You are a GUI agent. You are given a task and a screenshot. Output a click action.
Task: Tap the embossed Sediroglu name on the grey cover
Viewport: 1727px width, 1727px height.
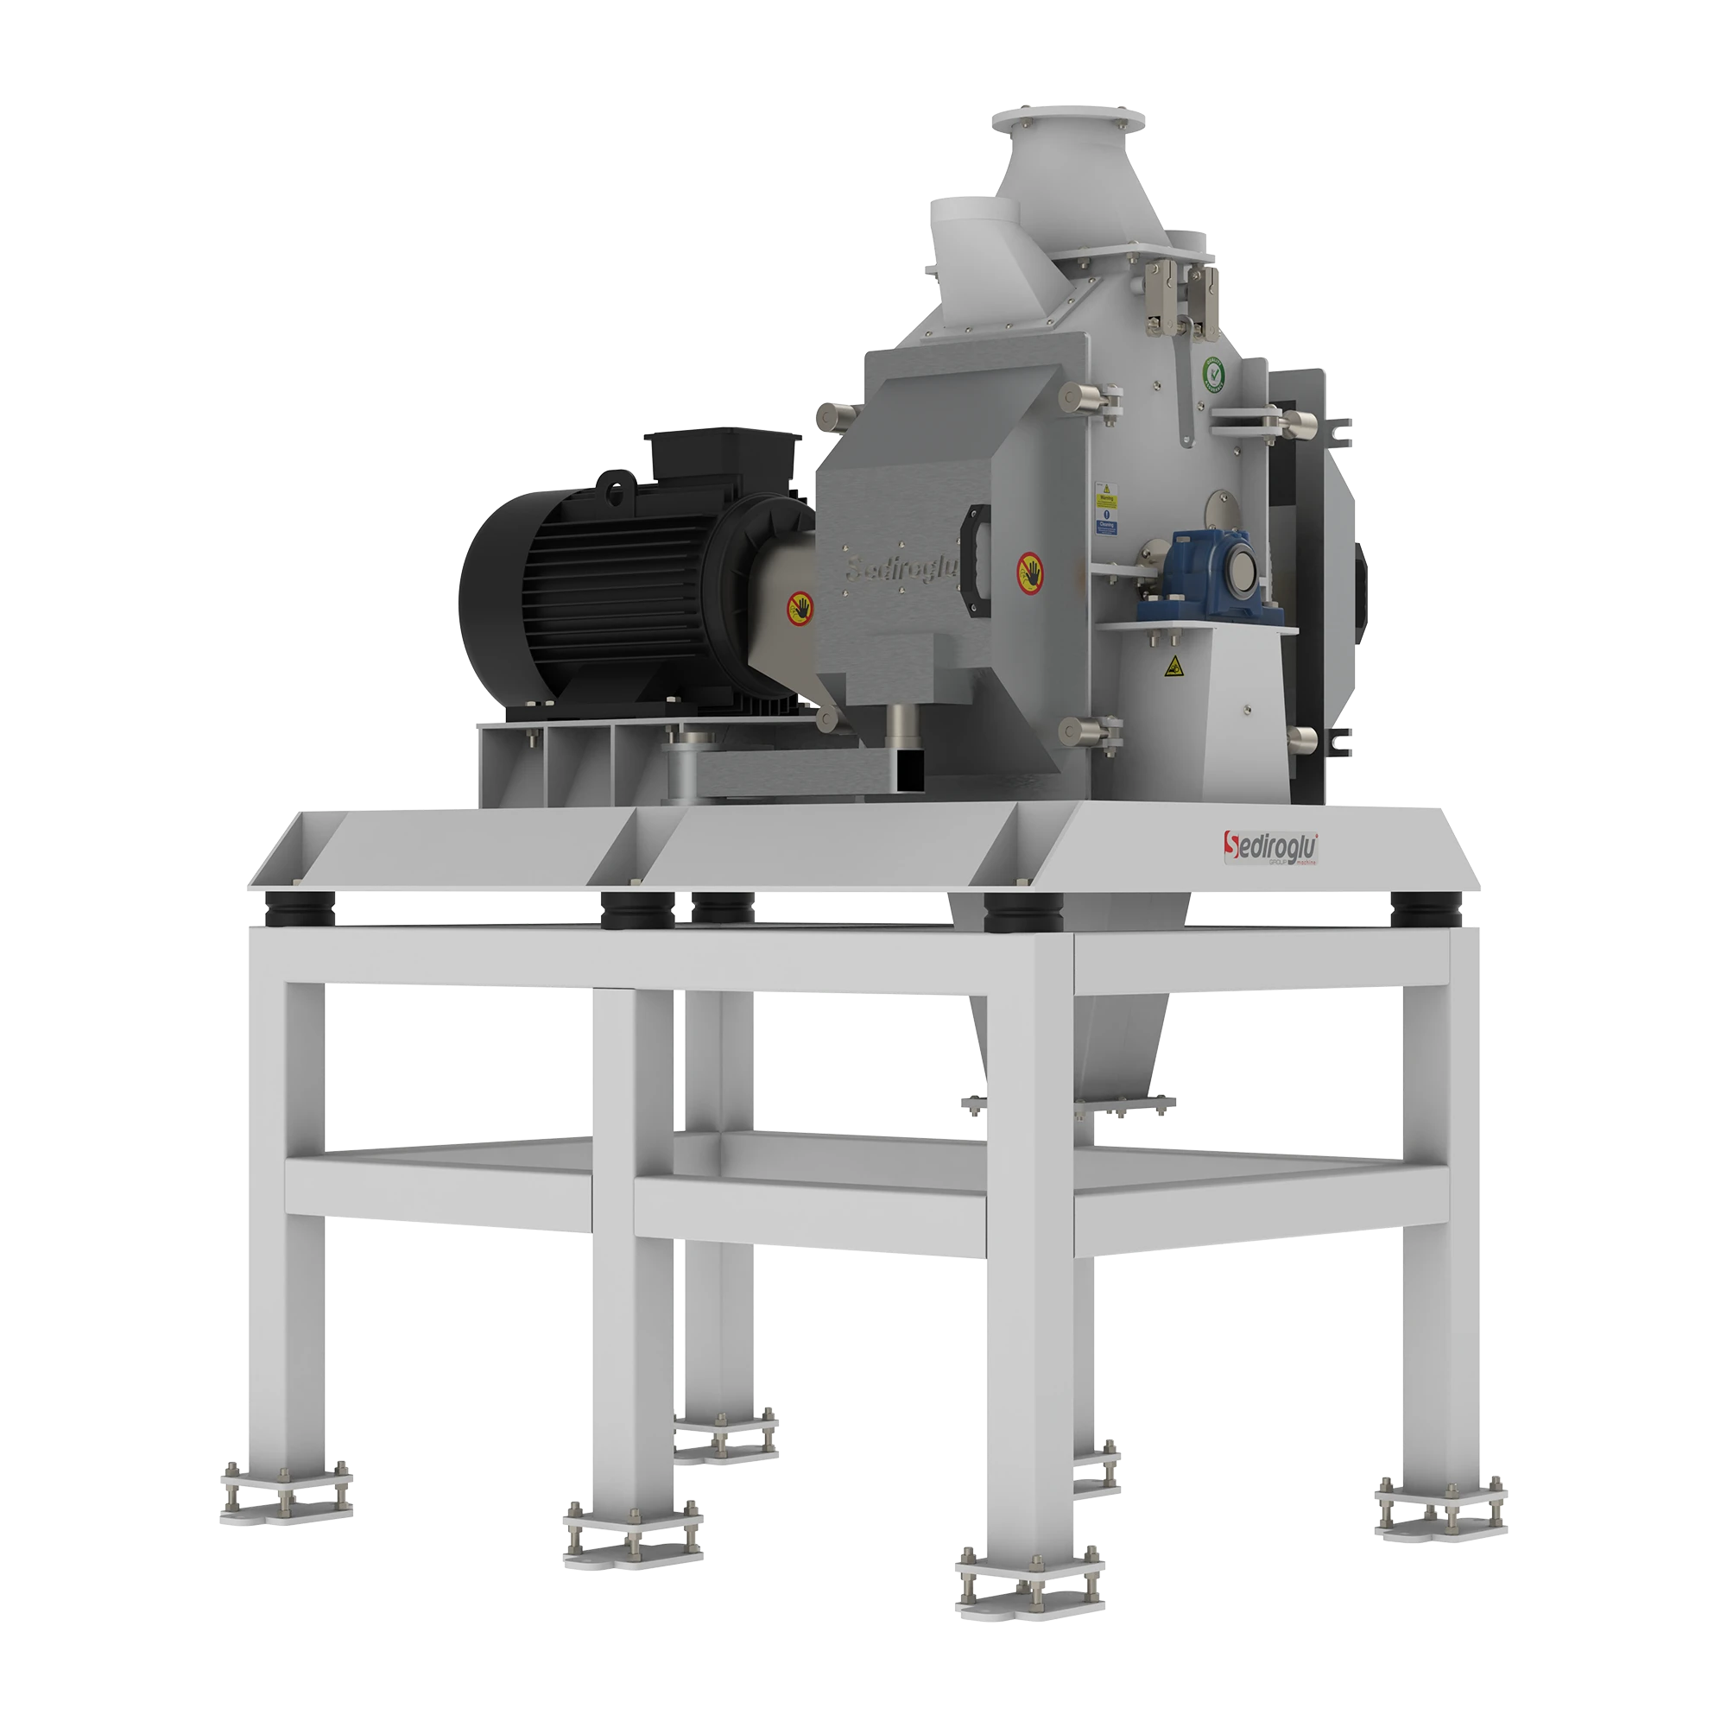[903, 567]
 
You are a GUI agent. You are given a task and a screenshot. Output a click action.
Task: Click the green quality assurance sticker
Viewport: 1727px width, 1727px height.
[1213, 374]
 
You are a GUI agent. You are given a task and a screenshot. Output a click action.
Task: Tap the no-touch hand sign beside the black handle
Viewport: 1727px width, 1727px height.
[1031, 570]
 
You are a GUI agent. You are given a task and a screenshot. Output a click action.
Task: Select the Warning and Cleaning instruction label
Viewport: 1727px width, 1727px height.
[1107, 509]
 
